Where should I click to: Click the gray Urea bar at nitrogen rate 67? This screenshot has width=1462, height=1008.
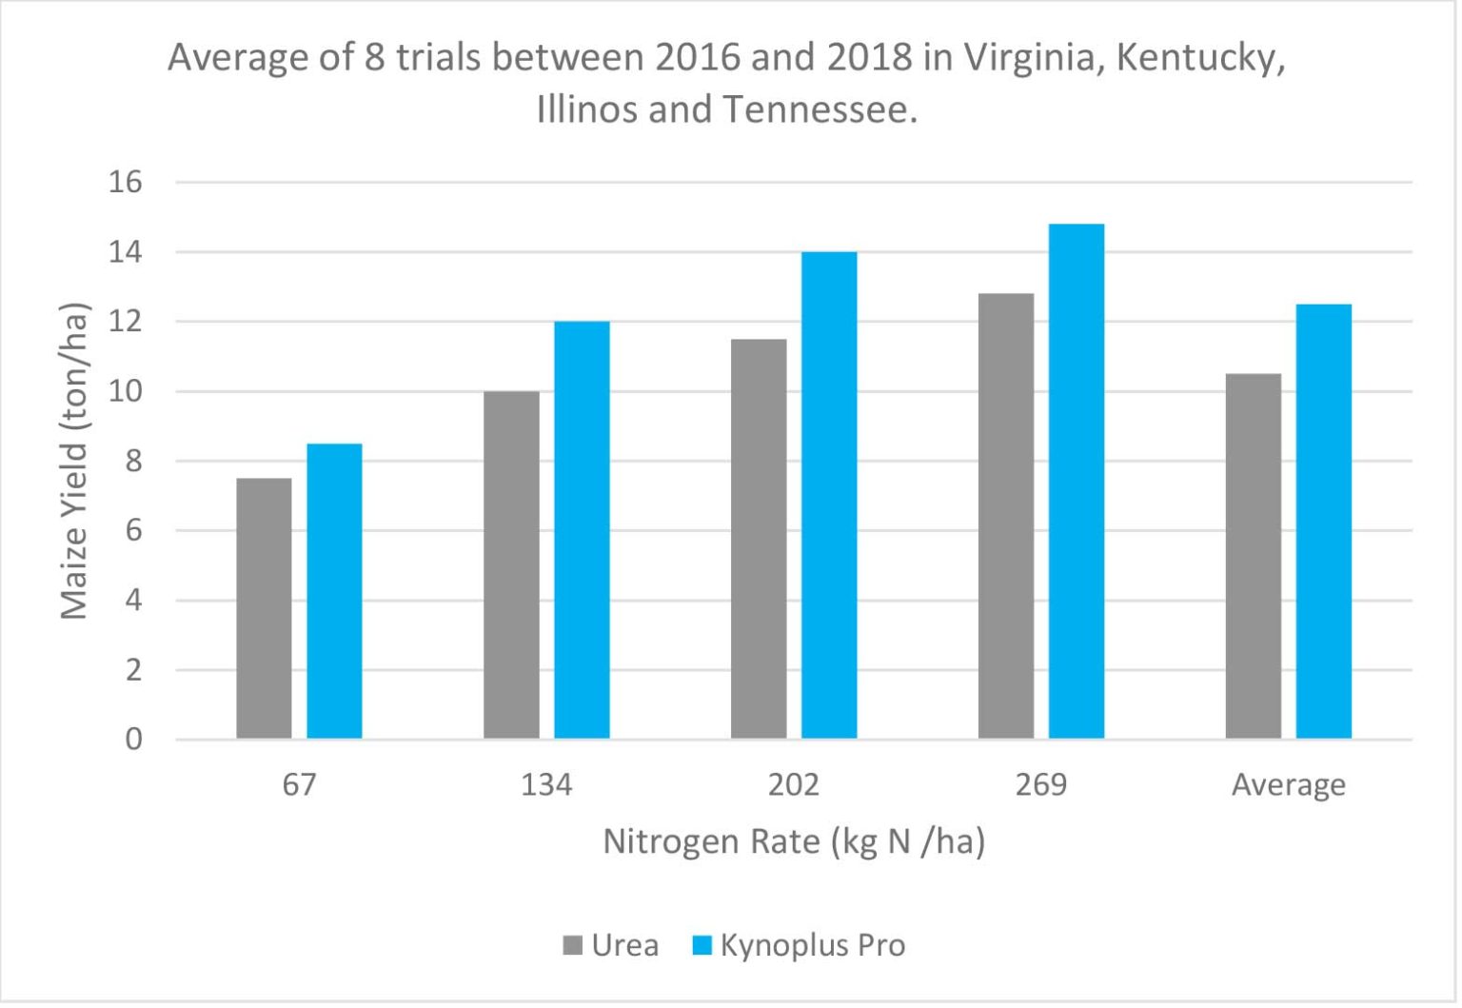[265, 608]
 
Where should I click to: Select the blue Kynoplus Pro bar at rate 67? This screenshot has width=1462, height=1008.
[334, 591]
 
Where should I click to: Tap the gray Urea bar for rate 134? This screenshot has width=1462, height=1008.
[512, 564]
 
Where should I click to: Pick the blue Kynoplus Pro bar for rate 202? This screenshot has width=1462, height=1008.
[829, 495]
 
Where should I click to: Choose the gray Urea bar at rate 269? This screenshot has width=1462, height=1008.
[1006, 516]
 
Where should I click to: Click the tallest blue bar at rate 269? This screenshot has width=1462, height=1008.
[1077, 481]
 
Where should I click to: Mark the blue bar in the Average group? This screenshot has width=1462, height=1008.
[1324, 521]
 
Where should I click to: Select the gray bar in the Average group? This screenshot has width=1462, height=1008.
[1254, 556]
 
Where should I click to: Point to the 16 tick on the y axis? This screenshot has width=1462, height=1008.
[126, 182]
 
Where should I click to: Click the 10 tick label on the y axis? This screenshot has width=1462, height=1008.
[126, 391]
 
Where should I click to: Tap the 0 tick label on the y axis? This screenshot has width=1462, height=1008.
[134, 739]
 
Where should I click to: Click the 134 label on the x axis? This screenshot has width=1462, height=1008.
[546, 784]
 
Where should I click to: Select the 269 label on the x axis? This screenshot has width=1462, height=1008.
[1041, 784]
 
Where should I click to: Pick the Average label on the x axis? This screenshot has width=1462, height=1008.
[1289, 785]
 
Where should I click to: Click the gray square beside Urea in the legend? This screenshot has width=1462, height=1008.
[572, 944]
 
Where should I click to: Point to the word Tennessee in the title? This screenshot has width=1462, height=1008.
[821, 109]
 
